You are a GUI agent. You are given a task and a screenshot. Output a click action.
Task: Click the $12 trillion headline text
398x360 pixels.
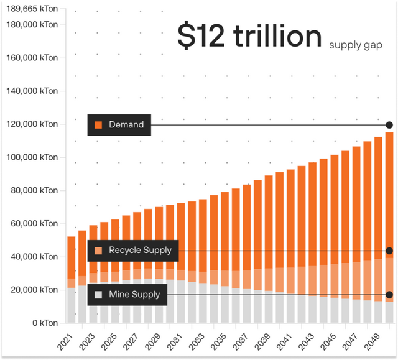tap(249, 36)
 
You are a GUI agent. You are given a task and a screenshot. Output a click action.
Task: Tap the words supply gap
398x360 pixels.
tap(356, 45)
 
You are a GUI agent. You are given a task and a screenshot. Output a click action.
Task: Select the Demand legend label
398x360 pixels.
tap(126, 125)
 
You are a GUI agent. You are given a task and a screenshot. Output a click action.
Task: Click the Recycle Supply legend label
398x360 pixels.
tap(140, 251)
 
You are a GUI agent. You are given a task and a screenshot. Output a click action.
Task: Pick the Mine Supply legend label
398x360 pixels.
tap(134, 295)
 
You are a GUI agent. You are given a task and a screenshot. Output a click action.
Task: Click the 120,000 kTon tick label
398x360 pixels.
tap(35, 124)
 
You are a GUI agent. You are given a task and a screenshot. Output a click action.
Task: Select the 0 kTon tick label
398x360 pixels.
tap(45, 323)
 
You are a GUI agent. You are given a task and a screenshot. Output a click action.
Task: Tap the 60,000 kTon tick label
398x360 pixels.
tap(35, 224)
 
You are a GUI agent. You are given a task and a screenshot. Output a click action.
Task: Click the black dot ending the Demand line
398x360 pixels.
tap(389, 125)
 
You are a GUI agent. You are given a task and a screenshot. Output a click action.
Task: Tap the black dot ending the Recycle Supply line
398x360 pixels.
tap(389, 251)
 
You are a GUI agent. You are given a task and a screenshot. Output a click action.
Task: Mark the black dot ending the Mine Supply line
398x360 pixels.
tap(389, 295)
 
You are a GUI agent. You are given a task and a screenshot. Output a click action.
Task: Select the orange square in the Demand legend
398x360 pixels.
tap(98, 125)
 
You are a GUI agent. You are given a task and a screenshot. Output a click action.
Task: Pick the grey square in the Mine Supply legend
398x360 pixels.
tap(98, 295)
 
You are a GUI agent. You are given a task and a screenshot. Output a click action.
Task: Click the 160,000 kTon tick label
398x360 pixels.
tap(35, 58)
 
